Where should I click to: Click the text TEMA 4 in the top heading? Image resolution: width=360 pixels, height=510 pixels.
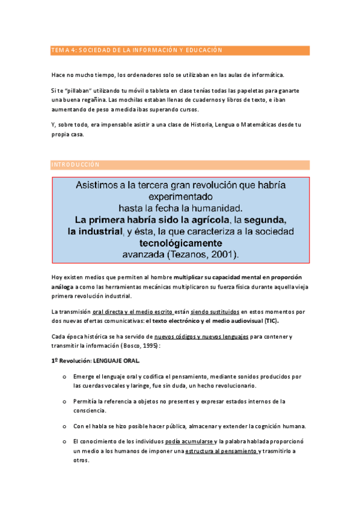pos(63,51)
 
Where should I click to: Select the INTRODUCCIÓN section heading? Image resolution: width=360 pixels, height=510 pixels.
pos(75,164)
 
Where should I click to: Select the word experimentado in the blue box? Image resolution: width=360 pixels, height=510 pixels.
pos(180,196)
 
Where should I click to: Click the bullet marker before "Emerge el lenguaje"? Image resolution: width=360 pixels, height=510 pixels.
pos(64,376)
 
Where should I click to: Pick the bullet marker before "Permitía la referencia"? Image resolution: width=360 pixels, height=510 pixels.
pos(64,401)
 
